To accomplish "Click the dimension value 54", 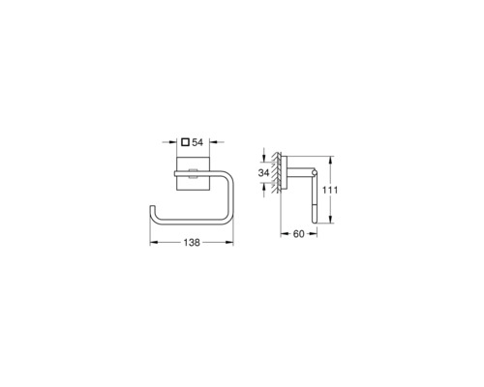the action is (x=197, y=142).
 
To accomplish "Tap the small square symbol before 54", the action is (x=185, y=142).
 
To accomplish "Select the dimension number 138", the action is (x=192, y=242).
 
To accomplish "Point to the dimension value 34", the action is (x=263, y=173).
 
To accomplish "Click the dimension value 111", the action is (x=330, y=190).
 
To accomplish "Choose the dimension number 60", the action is (x=298, y=234).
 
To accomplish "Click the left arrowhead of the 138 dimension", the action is (x=154, y=242).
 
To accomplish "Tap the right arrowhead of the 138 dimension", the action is (x=229, y=242).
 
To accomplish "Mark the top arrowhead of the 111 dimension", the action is (x=330, y=160).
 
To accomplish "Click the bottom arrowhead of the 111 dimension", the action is (x=330, y=220).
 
